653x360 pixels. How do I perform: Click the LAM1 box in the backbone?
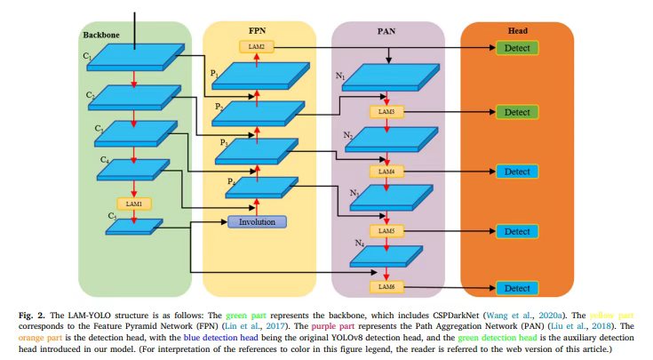coord(133,204)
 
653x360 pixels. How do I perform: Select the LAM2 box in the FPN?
coord(257,46)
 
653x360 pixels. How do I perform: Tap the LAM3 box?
coord(386,113)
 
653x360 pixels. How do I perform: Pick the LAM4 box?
coord(386,171)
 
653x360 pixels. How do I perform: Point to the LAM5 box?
coord(386,231)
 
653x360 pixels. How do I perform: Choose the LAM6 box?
coord(386,287)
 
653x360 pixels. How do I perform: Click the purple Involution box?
coord(258,221)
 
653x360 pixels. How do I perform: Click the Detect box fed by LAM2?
coord(517,46)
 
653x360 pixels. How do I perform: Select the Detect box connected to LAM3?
coord(517,113)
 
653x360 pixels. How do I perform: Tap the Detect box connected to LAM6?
coord(517,288)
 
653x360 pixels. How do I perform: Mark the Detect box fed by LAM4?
coord(517,171)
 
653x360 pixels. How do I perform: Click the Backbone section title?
coord(100,35)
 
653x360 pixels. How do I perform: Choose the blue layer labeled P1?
coord(258,74)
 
